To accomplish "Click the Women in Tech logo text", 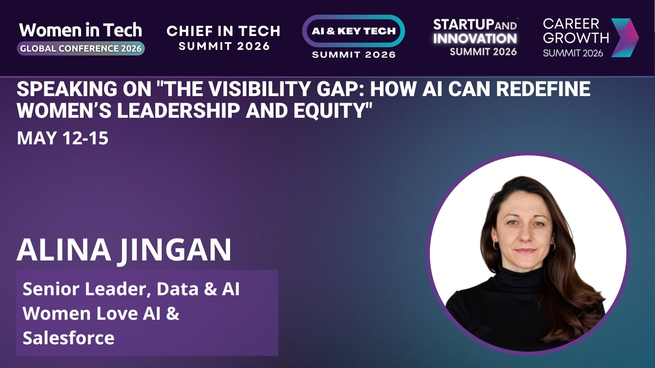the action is coord(81,30).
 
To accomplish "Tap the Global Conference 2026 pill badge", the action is coord(81,49).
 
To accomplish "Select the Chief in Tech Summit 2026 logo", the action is coord(224,38).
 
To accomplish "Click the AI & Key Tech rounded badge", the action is coord(354,31).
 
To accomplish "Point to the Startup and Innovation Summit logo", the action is coord(475,37).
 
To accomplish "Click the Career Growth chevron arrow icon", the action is coord(625,38).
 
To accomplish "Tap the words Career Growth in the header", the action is coord(576,31).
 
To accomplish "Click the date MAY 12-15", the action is coord(63,138).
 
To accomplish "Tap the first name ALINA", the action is coord(64,250).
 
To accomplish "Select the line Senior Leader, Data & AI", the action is coord(131,289).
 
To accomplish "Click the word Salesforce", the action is coord(68,338).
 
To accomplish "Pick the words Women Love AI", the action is coord(92,313).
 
